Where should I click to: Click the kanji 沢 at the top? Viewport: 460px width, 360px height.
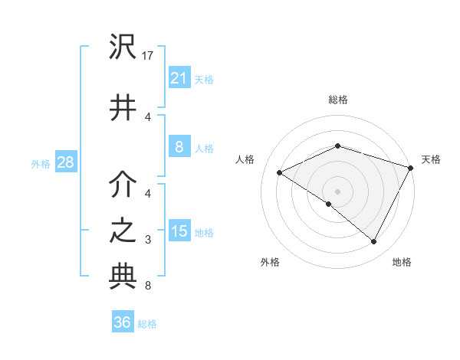(x=123, y=48)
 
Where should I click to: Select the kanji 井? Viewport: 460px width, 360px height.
(x=123, y=107)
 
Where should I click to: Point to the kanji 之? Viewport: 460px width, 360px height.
(x=123, y=231)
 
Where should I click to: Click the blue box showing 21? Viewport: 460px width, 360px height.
(x=179, y=77)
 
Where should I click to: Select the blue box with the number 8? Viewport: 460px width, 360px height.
(x=179, y=148)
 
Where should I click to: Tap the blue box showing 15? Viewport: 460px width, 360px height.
(x=179, y=231)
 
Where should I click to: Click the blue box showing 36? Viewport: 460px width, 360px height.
(x=123, y=322)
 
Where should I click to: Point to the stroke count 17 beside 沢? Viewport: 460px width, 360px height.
(x=148, y=55)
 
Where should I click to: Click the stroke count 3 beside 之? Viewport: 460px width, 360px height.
(x=147, y=240)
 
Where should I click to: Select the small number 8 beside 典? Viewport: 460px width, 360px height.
(x=147, y=286)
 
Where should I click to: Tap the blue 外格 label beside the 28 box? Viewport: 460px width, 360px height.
(x=41, y=163)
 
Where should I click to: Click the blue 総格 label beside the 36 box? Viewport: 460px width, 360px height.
(x=147, y=324)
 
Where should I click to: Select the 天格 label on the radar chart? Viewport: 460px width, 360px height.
(x=431, y=159)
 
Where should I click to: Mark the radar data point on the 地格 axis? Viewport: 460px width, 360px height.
(x=374, y=242)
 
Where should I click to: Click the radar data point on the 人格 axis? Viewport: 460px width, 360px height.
(x=280, y=173)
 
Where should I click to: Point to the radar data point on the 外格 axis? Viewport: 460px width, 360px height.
(x=328, y=205)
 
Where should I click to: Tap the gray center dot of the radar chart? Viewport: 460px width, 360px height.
(x=337, y=191)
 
